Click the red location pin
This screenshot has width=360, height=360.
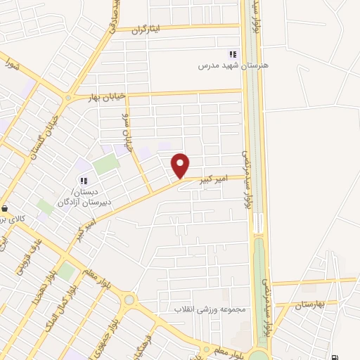click(181, 165)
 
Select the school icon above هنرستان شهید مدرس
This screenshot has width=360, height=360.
click(233, 54)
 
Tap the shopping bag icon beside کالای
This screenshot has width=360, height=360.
click(5, 208)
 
